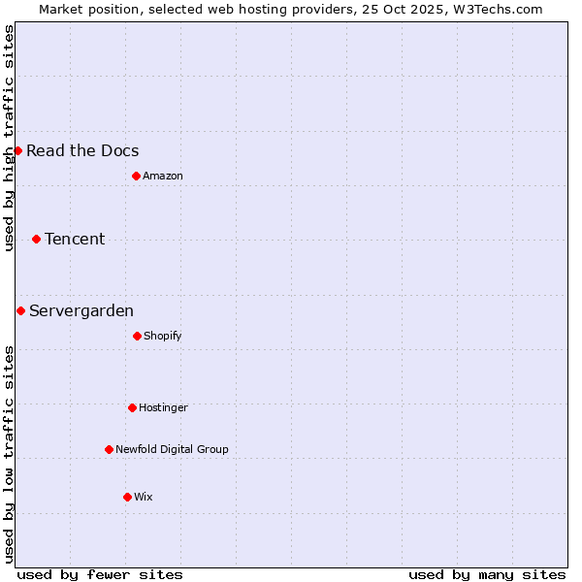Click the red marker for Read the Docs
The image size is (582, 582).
[x=17, y=150]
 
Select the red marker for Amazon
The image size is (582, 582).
[x=136, y=176]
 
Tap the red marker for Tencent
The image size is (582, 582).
[x=36, y=239]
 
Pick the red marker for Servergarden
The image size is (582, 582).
[x=20, y=310]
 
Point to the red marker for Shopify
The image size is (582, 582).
[x=137, y=336]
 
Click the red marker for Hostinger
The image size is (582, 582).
[x=132, y=407]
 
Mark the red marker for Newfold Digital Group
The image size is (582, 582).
[x=109, y=449]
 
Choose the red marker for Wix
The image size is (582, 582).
[x=127, y=497]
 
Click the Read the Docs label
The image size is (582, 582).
[x=82, y=150]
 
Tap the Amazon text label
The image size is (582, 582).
[x=163, y=176]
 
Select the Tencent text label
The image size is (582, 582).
[x=75, y=239]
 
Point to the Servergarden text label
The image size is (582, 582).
[x=81, y=310]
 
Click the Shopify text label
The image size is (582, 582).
[x=163, y=336]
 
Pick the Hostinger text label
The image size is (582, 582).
[x=163, y=407]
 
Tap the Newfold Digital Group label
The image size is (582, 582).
[x=172, y=449]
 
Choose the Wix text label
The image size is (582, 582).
[x=144, y=497]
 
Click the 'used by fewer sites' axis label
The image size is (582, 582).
[x=100, y=574]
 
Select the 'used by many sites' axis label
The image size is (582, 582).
[x=487, y=574]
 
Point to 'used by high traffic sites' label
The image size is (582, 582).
[x=9, y=138]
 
